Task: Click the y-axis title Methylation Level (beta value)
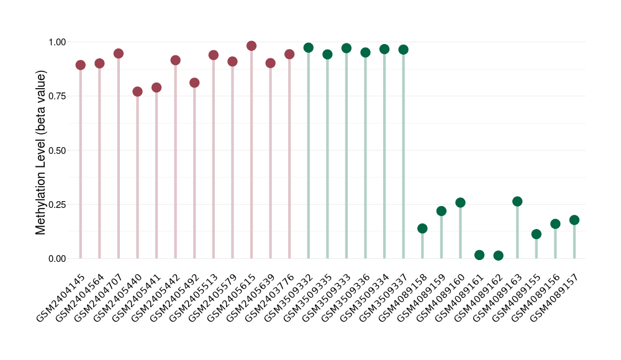click(41, 152)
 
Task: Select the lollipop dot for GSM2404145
click(81, 65)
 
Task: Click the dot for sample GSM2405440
click(137, 92)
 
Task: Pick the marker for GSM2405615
click(252, 46)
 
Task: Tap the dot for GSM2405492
click(194, 83)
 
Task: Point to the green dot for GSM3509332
click(309, 48)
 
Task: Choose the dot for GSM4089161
click(479, 255)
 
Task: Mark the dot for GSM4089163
click(517, 201)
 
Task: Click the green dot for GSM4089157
click(574, 220)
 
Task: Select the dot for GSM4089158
click(422, 228)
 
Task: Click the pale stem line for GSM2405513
click(214, 161)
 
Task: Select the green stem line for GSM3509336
click(365, 155)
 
